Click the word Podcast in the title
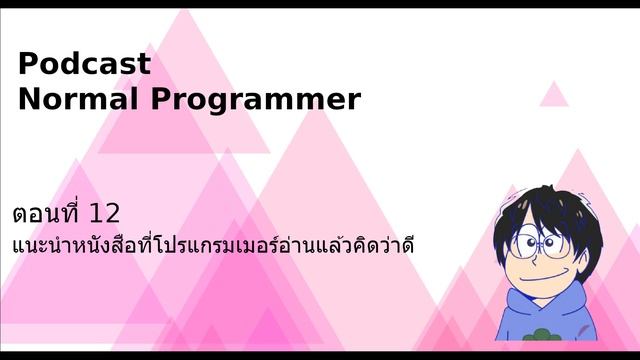[84, 64]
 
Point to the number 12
[104, 213]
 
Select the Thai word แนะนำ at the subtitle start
[39, 245]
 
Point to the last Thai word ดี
[404, 245]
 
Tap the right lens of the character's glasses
[552, 243]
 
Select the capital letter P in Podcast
[28, 64]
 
